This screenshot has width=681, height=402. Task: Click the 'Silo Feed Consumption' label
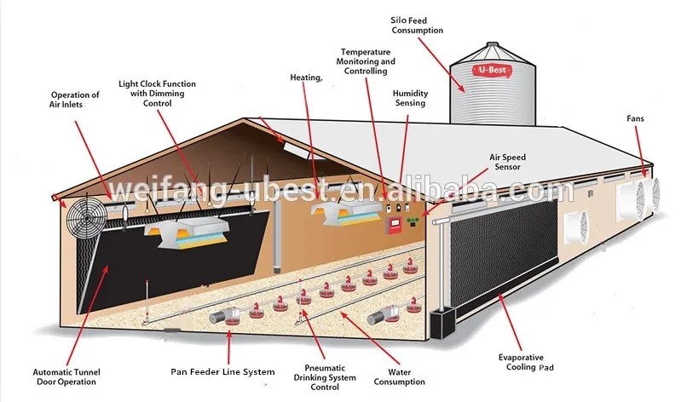click(x=418, y=25)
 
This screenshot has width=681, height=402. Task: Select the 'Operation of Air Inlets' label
click(x=74, y=100)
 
